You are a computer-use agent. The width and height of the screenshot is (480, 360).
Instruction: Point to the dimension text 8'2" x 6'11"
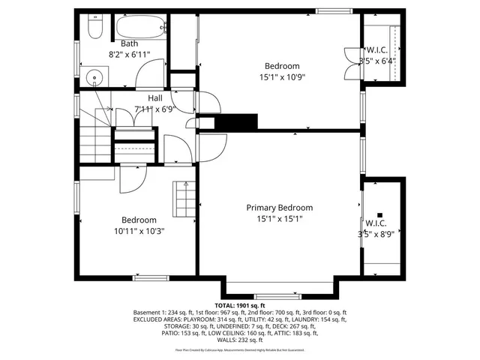pyautogui.click(x=130, y=55)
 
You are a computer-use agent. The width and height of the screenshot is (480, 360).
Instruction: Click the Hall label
pyautogui.click(x=155, y=98)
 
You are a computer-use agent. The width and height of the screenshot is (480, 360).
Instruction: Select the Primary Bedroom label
pyautogui.click(x=280, y=208)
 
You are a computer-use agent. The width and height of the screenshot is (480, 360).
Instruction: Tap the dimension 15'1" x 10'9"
pyautogui.click(x=282, y=76)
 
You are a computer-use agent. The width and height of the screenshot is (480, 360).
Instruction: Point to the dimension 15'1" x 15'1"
pyautogui.click(x=280, y=219)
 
